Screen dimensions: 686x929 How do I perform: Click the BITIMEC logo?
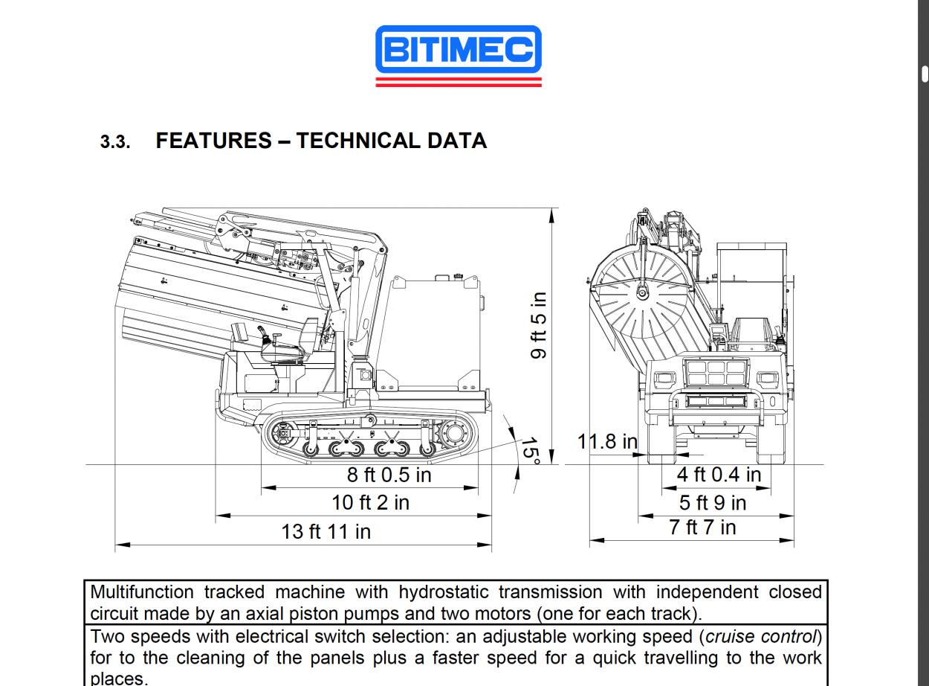pyautogui.click(x=459, y=51)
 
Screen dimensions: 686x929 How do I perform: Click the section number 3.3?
pyautogui.click(x=115, y=142)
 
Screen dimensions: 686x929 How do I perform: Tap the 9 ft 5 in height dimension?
pyautogui.click(x=539, y=324)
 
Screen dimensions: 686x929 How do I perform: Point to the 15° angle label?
pyautogui.click(x=528, y=450)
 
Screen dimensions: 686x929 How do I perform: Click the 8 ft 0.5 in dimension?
pyautogui.click(x=389, y=475)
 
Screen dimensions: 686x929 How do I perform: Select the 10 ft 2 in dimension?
pyautogui.click(x=370, y=502)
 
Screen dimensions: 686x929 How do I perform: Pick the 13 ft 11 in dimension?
pyautogui.click(x=326, y=531)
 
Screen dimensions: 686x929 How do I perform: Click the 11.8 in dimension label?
pyautogui.click(x=607, y=441)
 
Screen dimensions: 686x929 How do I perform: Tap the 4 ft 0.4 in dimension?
pyautogui.click(x=719, y=474)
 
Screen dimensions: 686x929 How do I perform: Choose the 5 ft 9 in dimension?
pyautogui.click(x=713, y=502)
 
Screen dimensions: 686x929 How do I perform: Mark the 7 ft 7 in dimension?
pyautogui.click(x=702, y=528)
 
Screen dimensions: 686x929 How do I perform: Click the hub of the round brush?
pyautogui.click(x=641, y=292)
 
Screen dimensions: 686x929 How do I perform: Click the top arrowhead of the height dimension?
pyautogui.click(x=552, y=214)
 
